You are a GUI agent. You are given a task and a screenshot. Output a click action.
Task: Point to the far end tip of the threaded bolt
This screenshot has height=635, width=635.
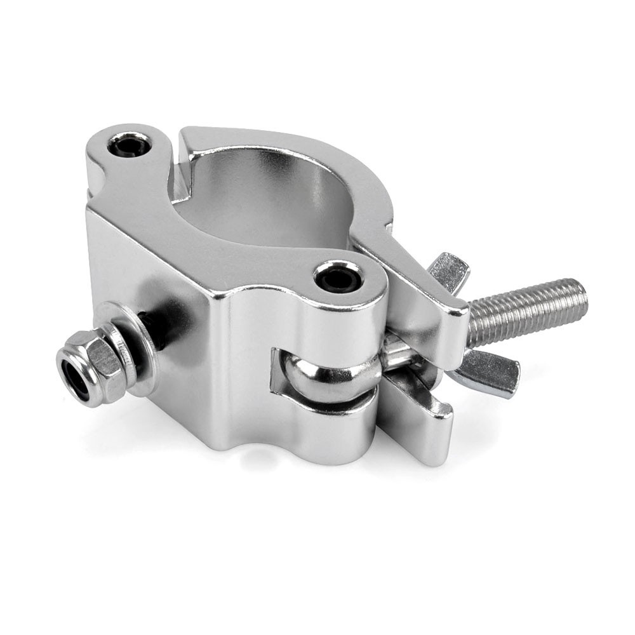tap(581, 295)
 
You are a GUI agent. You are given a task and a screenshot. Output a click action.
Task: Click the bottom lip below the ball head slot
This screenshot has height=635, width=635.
tap(317, 425)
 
